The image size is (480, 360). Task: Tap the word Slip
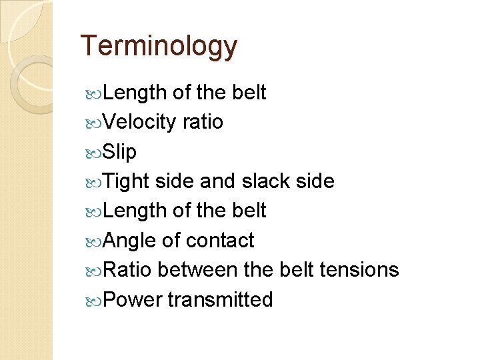(x=120, y=152)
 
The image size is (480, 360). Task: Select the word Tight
(x=127, y=181)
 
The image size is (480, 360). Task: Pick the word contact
(x=220, y=240)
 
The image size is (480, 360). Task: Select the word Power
(x=133, y=299)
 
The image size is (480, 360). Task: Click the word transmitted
(x=220, y=299)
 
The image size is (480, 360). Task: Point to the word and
(x=218, y=181)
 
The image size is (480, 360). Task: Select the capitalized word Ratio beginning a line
(x=128, y=269)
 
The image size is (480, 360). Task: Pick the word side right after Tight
(x=173, y=181)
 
